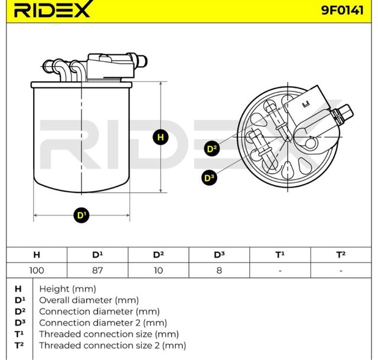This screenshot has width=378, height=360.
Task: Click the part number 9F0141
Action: click(x=343, y=10)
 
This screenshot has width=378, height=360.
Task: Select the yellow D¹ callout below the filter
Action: click(x=82, y=215)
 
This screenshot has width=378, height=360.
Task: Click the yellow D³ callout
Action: click(x=208, y=176)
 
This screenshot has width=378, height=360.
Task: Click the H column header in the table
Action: click(x=37, y=254)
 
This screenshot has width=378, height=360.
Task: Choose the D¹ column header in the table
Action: click(x=97, y=254)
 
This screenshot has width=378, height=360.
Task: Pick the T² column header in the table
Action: click(x=341, y=254)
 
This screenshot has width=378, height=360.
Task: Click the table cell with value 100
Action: click(x=37, y=270)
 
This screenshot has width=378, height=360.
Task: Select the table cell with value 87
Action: click(x=97, y=270)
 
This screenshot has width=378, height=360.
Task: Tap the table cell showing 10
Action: click(x=158, y=270)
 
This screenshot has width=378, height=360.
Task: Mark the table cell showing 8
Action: click(x=219, y=270)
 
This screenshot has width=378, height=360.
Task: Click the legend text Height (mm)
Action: click(x=67, y=289)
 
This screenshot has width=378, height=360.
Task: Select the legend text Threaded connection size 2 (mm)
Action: click(x=112, y=345)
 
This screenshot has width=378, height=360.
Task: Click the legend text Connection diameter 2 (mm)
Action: click(x=103, y=323)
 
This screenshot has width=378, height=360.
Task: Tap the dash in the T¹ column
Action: click(x=280, y=270)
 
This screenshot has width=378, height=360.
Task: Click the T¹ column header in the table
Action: click(x=280, y=254)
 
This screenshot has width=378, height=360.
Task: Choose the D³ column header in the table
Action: click(x=219, y=254)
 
